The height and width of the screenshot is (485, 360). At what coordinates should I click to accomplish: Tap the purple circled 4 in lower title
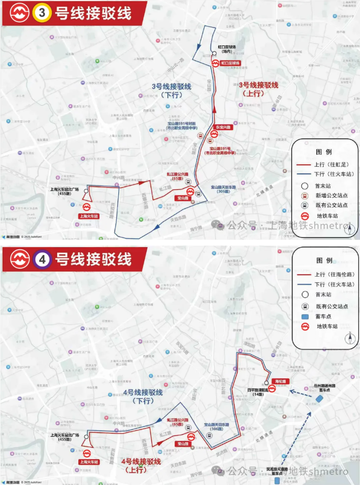click(x=42, y=259)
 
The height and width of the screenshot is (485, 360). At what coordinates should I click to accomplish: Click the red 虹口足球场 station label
click(x=230, y=63)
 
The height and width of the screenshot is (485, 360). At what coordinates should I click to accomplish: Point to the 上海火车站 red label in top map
click(x=89, y=216)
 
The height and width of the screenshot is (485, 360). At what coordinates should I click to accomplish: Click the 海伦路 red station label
click(x=282, y=381)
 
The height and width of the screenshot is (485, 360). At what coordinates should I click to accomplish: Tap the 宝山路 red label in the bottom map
click(x=182, y=443)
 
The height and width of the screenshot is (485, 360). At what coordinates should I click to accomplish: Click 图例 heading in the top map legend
click(x=324, y=152)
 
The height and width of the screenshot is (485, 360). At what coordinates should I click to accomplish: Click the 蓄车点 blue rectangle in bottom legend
click(x=305, y=316)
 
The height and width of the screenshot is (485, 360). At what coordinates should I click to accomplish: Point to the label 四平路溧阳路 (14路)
click(x=259, y=392)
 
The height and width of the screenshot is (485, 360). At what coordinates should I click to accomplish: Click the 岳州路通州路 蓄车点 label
click(x=327, y=387)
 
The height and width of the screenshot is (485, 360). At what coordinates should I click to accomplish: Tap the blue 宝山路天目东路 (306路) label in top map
click(x=223, y=190)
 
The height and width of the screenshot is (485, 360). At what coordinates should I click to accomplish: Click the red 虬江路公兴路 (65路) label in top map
click(x=178, y=176)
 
